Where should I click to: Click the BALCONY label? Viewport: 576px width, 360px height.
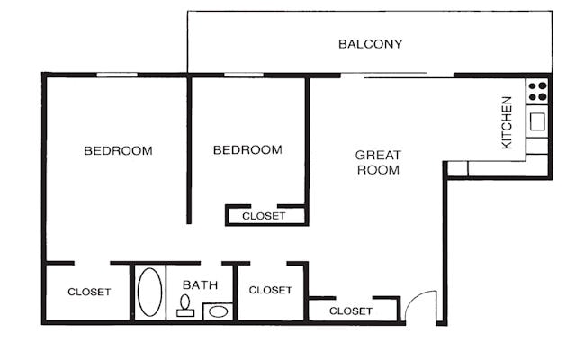pos(370,44)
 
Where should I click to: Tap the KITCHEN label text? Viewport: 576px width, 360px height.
pos(507,122)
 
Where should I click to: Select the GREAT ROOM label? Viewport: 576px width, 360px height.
pos(377,162)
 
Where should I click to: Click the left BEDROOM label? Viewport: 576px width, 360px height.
pos(118,150)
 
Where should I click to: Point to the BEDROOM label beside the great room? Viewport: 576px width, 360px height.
pos(247,149)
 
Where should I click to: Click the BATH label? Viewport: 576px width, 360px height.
pos(200,285)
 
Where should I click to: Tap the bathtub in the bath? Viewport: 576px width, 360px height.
pos(149,292)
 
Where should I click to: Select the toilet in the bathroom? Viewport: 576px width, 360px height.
pos(185,306)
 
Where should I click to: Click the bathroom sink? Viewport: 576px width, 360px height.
pos(217,312)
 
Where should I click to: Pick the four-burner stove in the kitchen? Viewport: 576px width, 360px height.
pos(537,91)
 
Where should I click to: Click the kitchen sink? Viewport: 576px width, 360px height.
pos(538,121)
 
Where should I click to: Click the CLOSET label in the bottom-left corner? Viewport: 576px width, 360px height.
pos(89,292)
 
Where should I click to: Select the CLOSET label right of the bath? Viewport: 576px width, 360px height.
pos(270,290)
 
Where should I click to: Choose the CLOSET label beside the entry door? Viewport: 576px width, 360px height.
pos(350,310)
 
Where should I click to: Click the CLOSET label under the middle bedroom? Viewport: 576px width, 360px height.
pos(264,216)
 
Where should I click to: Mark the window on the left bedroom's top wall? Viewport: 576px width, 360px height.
pos(117,75)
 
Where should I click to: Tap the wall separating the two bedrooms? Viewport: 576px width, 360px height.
pos(188,148)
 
